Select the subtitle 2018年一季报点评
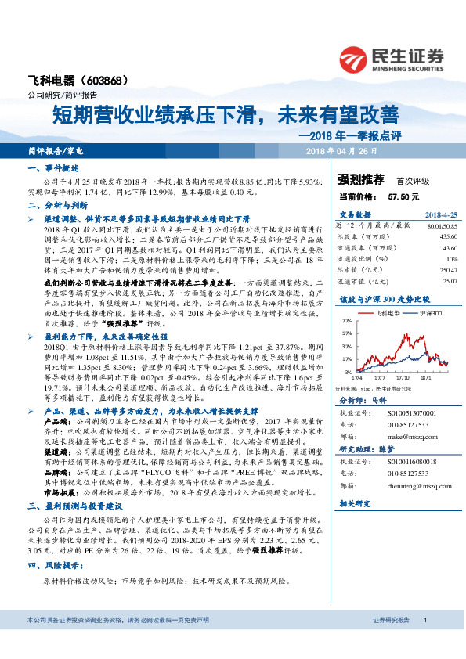350,133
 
